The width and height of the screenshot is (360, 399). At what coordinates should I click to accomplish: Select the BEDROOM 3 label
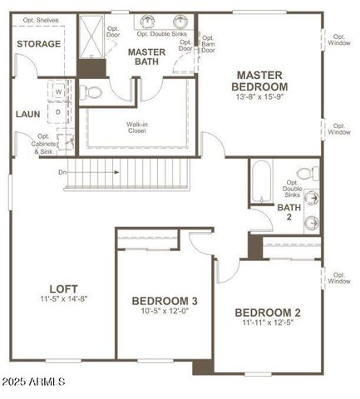click(x=165, y=301)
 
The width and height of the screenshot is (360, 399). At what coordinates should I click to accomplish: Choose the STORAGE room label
click(x=38, y=44)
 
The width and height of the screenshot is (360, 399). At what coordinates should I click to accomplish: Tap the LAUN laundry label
click(x=27, y=115)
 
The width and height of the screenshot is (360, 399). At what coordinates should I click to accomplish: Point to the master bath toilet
click(x=93, y=89)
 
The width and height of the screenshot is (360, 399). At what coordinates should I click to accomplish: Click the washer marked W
click(x=59, y=92)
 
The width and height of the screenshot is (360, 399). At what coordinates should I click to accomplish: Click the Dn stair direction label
click(x=62, y=173)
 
